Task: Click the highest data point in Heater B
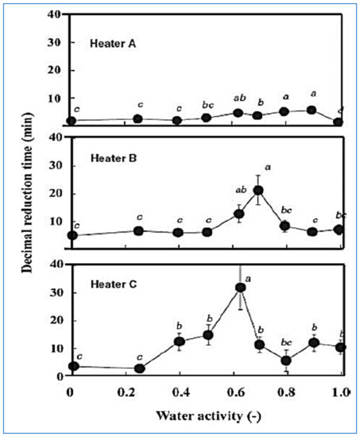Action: pos(258,191)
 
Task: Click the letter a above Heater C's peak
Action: pos(249,278)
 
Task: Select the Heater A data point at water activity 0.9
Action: pos(312,110)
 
